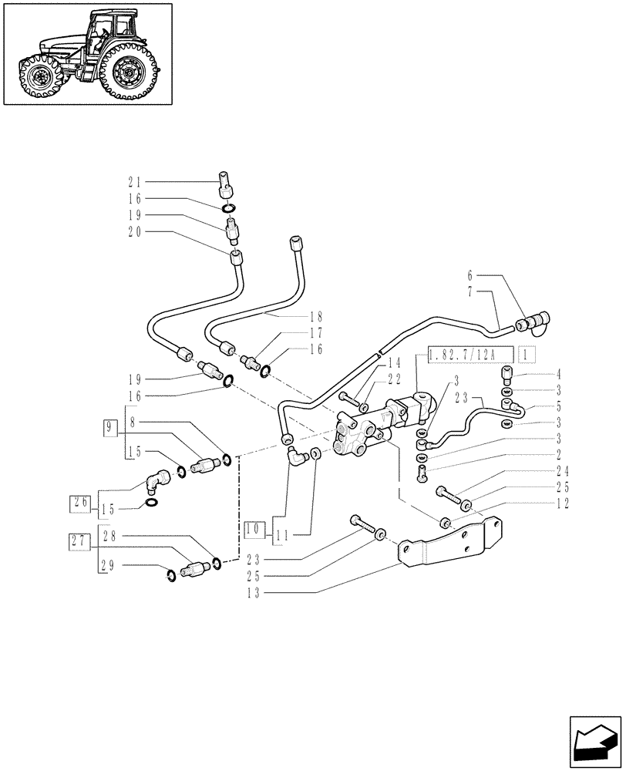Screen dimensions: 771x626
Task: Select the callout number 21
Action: [135, 182]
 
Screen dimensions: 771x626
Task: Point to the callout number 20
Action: [135, 231]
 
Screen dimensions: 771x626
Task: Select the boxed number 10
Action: [253, 530]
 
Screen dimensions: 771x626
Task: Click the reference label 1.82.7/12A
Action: [461, 355]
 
